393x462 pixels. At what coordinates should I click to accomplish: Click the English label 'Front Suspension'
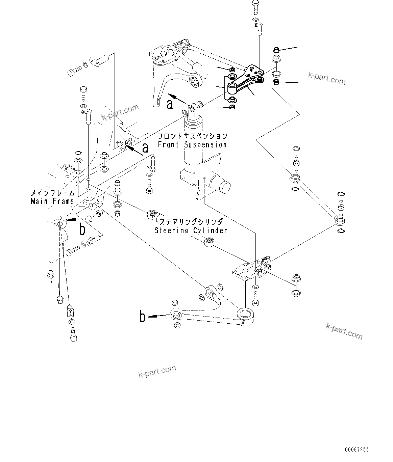(x=192, y=145)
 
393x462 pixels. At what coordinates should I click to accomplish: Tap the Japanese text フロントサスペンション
(x=193, y=136)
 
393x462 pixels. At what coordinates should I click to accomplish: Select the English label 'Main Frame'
(x=52, y=201)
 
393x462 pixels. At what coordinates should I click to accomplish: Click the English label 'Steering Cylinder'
(x=191, y=230)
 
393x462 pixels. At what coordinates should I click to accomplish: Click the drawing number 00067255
(x=357, y=450)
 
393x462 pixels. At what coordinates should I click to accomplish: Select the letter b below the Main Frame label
(x=82, y=229)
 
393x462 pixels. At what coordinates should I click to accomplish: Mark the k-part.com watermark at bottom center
(x=157, y=371)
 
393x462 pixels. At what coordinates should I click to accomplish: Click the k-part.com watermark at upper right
(x=327, y=79)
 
